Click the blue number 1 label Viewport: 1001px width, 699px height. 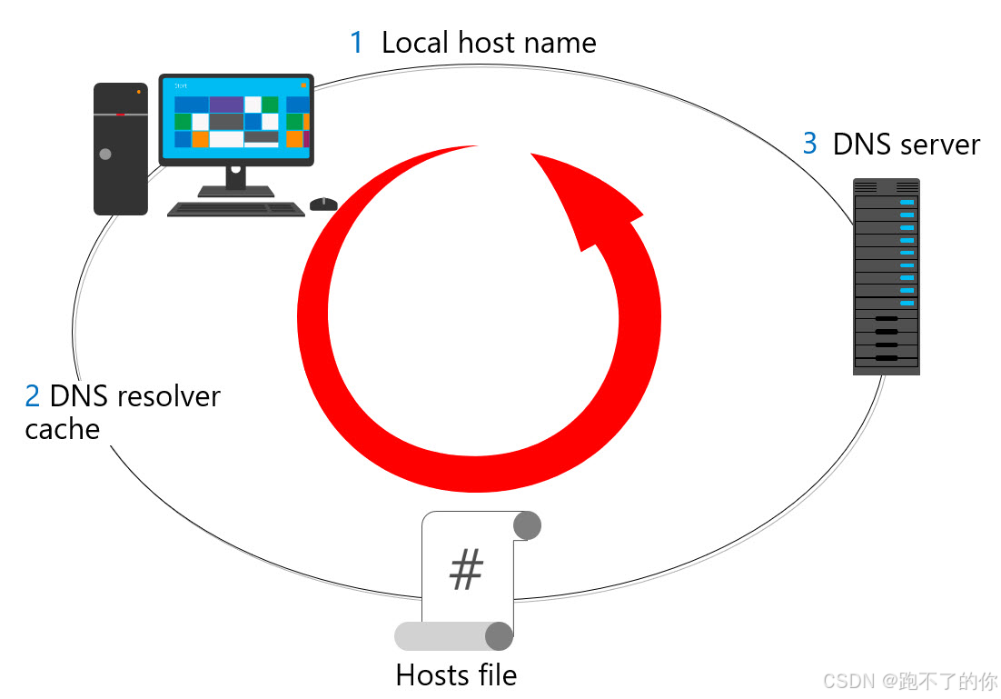point(357,43)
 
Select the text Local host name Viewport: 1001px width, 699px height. point(489,43)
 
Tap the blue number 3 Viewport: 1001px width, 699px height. point(809,144)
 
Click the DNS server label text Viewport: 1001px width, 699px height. point(907,145)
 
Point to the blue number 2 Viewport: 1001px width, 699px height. point(33,396)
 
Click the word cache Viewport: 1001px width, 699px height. point(62,429)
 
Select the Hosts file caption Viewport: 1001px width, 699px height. point(456,675)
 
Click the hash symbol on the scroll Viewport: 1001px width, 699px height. point(467,571)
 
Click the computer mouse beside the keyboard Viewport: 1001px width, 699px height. point(323,204)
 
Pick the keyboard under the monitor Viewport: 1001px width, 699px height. point(236,209)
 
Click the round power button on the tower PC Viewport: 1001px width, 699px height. point(105,155)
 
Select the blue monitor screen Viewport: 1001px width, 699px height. point(236,120)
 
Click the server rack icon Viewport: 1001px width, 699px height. point(886,276)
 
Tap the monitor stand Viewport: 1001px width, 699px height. point(236,180)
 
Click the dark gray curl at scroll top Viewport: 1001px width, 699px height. point(527,525)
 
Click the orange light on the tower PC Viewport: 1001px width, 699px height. point(138,92)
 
